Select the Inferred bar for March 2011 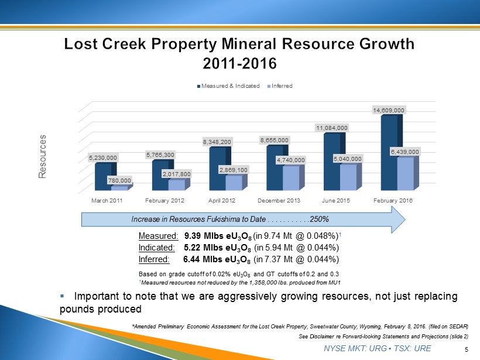(119, 188)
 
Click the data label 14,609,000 (389, 109)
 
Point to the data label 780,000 (119, 180)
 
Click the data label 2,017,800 (176, 173)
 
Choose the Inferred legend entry (280, 86)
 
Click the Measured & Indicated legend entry (230, 86)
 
